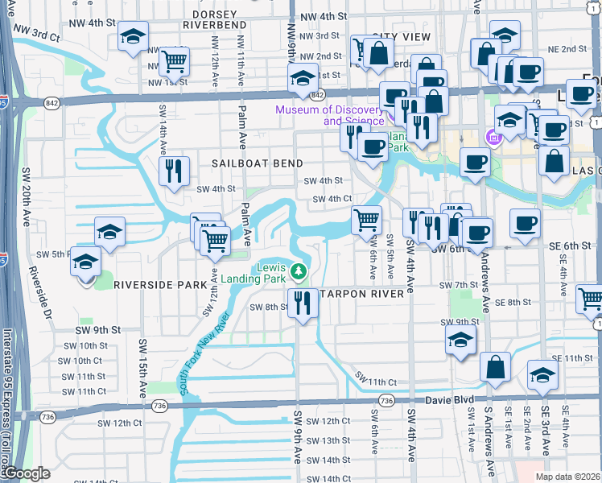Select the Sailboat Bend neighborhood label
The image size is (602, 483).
(x=249, y=163)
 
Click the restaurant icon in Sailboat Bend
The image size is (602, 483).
(x=174, y=170)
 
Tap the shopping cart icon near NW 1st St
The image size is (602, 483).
(x=174, y=61)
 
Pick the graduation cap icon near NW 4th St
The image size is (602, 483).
(x=133, y=35)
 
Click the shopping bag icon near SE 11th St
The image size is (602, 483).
(x=495, y=366)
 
